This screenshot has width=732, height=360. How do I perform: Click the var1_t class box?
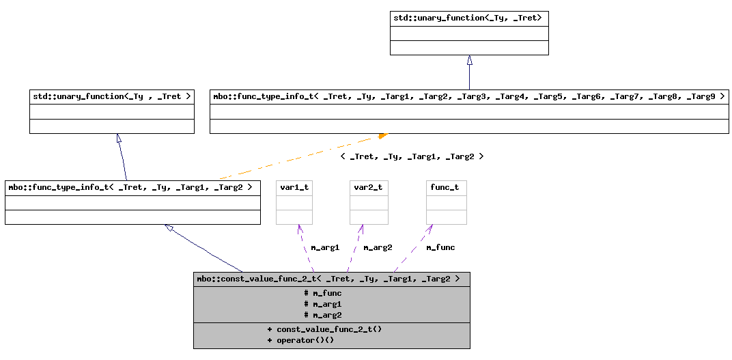[294, 202]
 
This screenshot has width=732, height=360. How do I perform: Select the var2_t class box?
[369, 202]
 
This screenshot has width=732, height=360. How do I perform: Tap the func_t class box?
[446, 202]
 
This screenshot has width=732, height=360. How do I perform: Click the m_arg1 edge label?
[325, 247]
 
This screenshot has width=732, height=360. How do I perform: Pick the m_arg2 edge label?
[378, 247]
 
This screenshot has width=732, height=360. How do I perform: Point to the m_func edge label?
[440, 247]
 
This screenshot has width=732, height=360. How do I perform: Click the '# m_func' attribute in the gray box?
[322, 293]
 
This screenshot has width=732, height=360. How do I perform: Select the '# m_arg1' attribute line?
[322, 304]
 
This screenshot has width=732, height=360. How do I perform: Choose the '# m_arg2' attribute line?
[322, 315]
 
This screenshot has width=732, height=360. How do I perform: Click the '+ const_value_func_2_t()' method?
[324, 329]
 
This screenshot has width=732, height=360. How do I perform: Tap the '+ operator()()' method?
[300, 340]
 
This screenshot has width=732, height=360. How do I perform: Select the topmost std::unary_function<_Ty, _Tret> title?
[469, 18]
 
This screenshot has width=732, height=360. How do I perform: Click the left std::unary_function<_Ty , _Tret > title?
[112, 96]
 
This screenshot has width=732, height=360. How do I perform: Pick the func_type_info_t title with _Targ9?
[468, 96]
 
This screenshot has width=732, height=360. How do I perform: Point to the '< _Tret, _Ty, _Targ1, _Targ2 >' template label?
[412, 156]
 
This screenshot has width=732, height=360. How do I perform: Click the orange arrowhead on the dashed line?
[382, 136]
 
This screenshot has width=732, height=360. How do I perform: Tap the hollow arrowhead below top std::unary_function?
[469, 60]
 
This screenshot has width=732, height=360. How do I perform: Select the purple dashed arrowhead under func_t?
[430, 228]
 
